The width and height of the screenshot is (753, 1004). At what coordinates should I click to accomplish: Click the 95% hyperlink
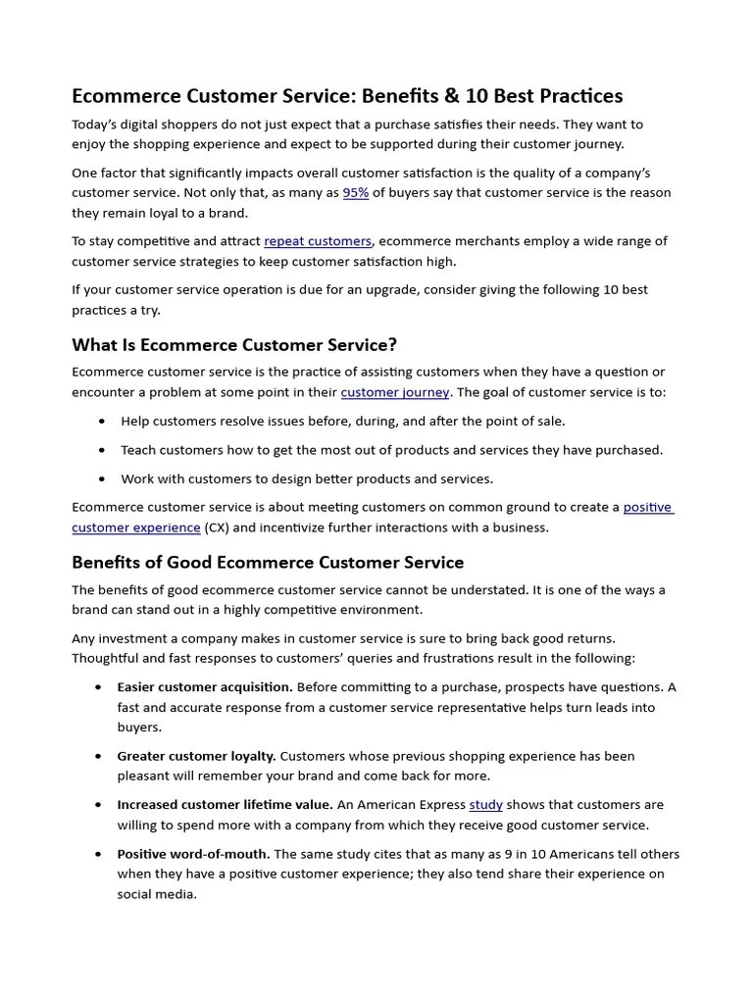pyautogui.click(x=356, y=193)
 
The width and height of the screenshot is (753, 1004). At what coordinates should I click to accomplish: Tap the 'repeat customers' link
pyautogui.click(x=318, y=241)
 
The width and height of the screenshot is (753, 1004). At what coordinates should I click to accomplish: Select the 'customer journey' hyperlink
pyautogui.click(x=395, y=392)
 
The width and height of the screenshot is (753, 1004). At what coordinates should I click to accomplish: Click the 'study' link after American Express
pyautogui.click(x=485, y=805)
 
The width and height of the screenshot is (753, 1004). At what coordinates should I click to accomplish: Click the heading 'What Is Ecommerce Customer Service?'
pyautogui.click(x=234, y=345)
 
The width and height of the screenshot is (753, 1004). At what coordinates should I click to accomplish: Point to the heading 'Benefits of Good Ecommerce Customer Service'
pyautogui.click(x=268, y=563)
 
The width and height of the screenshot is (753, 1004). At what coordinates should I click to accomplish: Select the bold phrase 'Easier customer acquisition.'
pyautogui.click(x=204, y=687)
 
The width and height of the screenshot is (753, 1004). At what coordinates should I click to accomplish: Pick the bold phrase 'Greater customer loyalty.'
pyautogui.click(x=196, y=756)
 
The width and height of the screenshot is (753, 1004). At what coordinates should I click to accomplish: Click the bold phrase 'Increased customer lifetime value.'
pyautogui.click(x=225, y=805)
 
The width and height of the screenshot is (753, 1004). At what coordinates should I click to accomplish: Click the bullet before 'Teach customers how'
pyautogui.click(x=103, y=450)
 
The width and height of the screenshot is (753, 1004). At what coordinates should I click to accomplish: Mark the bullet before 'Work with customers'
pyautogui.click(x=103, y=479)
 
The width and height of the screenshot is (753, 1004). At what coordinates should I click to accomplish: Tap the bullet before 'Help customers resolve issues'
pyautogui.click(x=103, y=422)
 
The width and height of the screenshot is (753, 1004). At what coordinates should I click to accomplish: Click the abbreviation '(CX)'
pyautogui.click(x=216, y=527)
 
